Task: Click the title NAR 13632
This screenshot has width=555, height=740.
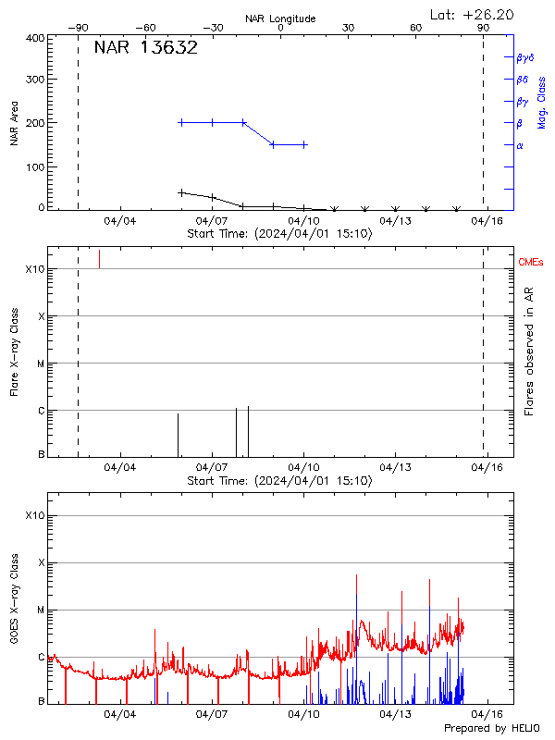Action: [x=146, y=48]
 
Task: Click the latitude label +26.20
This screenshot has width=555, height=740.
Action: [x=473, y=14]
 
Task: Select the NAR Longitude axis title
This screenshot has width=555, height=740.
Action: [x=280, y=18]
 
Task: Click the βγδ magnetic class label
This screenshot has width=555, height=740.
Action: [x=525, y=57]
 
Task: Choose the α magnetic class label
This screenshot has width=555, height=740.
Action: [x=520, y=145]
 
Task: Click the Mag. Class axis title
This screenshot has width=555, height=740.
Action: [x=542, y=102]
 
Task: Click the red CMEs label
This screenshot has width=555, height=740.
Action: [x=533, y=264]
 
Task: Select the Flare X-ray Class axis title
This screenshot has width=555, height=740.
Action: [x=15, y=351]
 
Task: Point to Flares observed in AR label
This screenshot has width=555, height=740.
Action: [x=529, y=351]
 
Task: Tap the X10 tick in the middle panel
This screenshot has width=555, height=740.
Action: [x=35, y=269]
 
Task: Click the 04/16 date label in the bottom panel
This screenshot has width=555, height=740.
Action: [x=487, y=714]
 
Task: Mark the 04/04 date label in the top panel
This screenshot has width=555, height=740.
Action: [x=120, y=220]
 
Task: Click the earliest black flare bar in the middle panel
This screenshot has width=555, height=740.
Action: [x=178, y=435]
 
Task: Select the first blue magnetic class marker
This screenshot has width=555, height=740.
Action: [x=181, y=122]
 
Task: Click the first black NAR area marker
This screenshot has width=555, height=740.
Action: [x=181, y=192]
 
